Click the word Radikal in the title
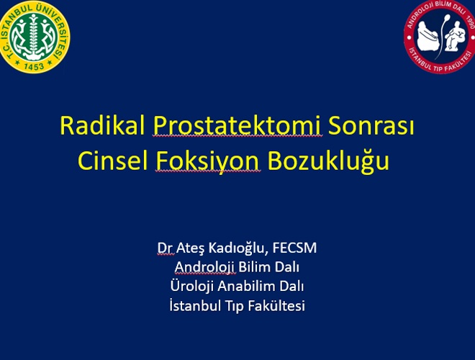click(x=102, y=125)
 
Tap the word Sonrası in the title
click(x=371, y=125)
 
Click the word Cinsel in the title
click(x=113, y=161)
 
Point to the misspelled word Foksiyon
click(x=207, y=162)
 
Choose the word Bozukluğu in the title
click(x=328, y=162)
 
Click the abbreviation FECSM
click(x=295, y=248)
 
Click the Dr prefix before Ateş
click(x=165, y=248)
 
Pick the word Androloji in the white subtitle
click(x=204, y=268)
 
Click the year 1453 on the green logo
click(x=34, y=66)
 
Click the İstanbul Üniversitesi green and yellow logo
click(x=34, y=37)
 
